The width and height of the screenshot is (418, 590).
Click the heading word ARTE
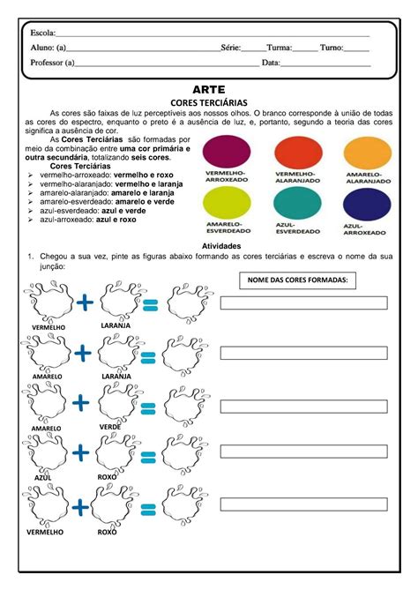click(208, 90)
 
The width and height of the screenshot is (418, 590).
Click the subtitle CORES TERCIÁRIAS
click(208, 102)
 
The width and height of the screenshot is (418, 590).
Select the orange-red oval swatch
click(300, 152)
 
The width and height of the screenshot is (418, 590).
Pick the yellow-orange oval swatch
click(367, 152)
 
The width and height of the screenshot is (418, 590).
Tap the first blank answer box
click(303, 303)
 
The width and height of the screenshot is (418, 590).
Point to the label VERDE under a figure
click(110, 427)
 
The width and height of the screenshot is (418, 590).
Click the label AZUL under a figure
click(43, 476)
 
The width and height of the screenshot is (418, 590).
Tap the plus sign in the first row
click(85, 303)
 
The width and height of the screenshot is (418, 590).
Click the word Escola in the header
click(41, 33)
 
